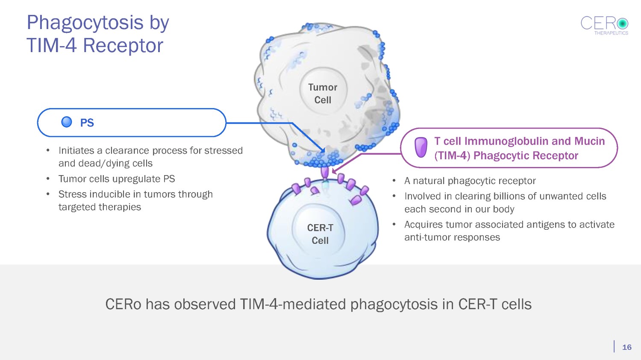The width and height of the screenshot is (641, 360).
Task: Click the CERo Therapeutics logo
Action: [604, 25]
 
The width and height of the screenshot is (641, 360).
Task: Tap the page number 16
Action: [626, 347]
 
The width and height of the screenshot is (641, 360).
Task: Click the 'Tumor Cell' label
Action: [323, 94]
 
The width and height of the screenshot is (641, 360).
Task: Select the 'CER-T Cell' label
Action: [320, 234]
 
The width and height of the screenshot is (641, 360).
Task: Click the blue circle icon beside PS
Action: [67, 123]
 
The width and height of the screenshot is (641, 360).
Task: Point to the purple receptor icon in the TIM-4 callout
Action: [421, 147]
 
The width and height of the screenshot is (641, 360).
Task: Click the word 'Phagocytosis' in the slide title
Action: [85, 22]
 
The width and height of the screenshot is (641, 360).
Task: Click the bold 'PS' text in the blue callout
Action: [87, 123]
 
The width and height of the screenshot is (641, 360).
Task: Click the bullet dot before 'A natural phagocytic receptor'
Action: [394, 181]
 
